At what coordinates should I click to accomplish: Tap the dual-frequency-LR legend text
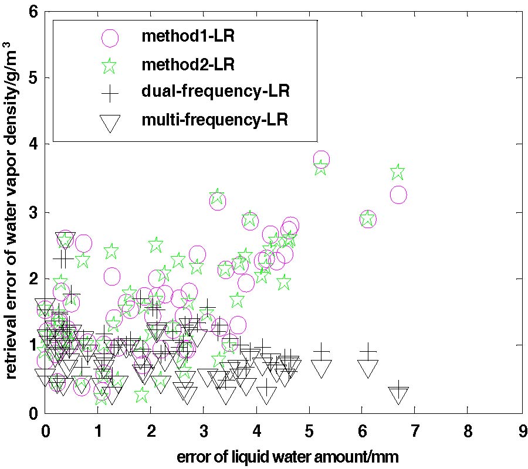coord(216,91)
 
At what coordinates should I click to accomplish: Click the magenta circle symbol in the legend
coord(110,38)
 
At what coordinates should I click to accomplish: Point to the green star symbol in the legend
coord(110,65)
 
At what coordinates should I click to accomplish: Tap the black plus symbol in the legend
coord(110,93)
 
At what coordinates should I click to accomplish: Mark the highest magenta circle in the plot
coord(321,159)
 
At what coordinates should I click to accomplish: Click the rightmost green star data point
coord(397,172)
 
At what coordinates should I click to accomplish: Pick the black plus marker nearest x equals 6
coord(368,351)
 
